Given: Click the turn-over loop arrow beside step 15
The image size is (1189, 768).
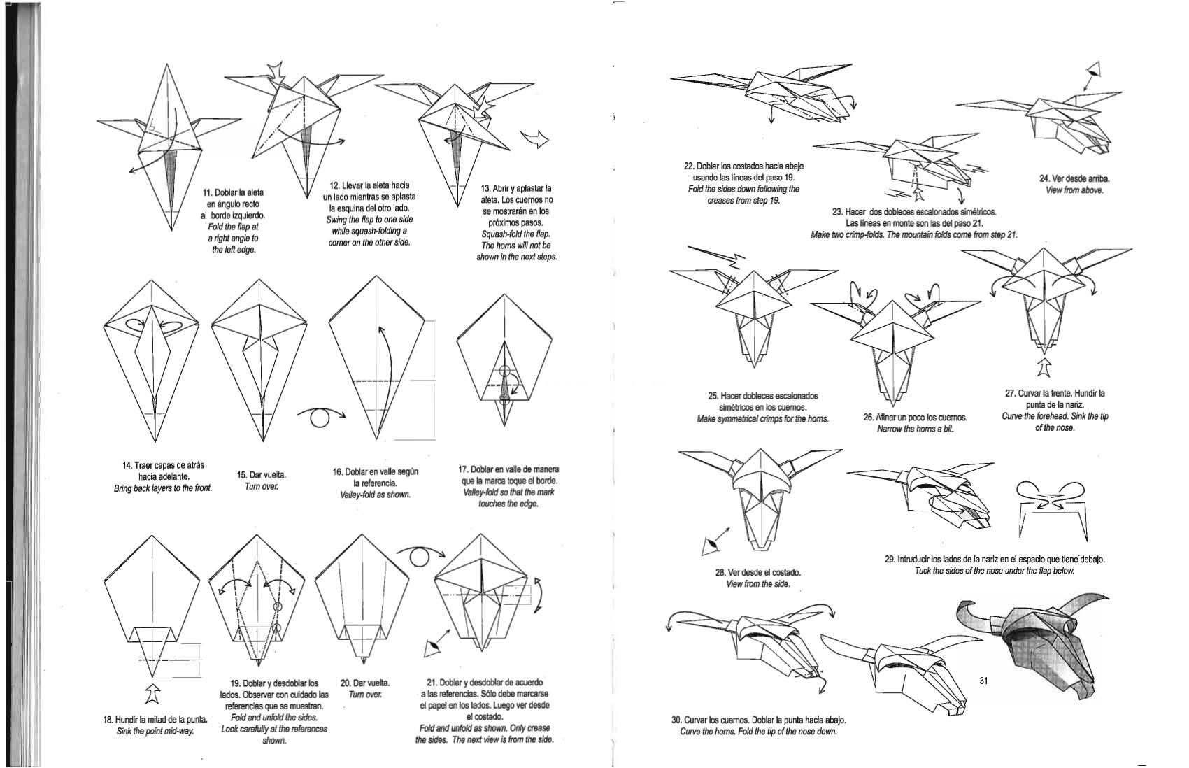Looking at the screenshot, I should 321,417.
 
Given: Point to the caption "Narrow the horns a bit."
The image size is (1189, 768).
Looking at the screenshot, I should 915,429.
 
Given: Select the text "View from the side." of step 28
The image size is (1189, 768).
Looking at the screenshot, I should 757,583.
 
